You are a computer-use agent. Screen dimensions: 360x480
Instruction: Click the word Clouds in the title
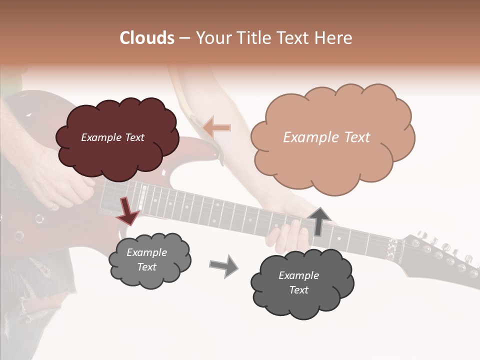point(146,38)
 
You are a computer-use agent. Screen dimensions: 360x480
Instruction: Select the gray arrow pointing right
point(223,266)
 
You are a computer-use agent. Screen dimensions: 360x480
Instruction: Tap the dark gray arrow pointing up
point(318,221)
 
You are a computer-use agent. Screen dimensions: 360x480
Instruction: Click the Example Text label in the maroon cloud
point(112,137)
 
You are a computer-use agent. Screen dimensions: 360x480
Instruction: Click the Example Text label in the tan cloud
point(326,137)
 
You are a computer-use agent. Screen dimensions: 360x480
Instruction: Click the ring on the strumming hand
point(53,206)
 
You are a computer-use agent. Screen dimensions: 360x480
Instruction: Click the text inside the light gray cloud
point(146,260)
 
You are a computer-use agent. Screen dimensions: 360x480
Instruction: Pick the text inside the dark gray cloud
point(298,283)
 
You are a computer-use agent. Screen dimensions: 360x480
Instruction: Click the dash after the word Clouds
point(184,38)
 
